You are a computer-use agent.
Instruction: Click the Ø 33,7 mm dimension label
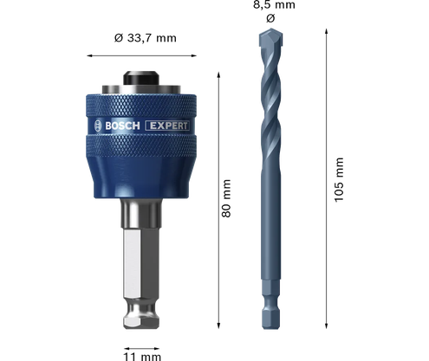(145, 38)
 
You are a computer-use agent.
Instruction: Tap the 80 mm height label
(226, 198)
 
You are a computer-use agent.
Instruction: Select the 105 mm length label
(339, 180)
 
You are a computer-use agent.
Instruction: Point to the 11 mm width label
(142, 357)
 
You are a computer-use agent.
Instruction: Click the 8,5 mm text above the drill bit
(274, 5)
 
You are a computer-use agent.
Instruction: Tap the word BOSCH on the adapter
(122, 126)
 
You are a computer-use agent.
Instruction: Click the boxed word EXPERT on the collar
(167, 126)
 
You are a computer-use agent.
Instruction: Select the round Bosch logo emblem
(98, 126)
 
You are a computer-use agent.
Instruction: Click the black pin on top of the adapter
(141, 78)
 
